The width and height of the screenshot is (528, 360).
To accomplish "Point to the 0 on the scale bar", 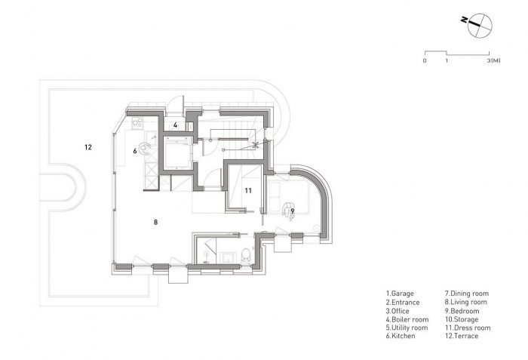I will click(x=425, y=60).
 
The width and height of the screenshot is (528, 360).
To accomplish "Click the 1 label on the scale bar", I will click(x=447, y=60).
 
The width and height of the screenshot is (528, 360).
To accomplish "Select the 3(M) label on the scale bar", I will click(x=493, y=60).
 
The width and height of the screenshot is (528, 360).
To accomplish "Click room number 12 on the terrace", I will click(x=87, y=146).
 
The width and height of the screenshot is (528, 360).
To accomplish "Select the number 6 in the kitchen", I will click(x=135, y=151).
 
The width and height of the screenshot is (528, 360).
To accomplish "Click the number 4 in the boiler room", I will click(x=174, y=125).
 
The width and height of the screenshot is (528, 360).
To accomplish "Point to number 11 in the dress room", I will click(x=247, y=191).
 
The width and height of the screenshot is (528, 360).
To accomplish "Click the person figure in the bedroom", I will click(x=288, y=209).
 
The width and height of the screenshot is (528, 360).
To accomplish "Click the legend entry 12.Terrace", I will click(x=467, y=337).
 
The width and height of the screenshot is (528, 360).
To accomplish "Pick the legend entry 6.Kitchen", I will click(x=402, y=337).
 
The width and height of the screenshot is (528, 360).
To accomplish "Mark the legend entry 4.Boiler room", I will click(x=407, y=319).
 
